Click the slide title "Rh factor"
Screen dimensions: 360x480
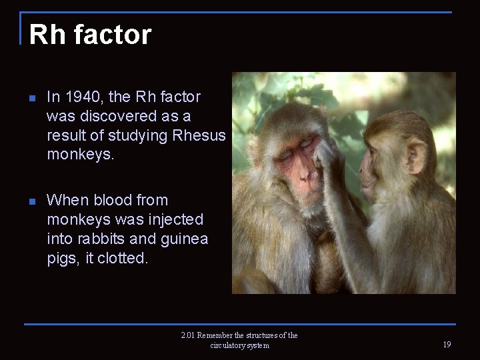pyautogui.click(x=90, y=35)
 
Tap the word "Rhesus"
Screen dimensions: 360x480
pyautogui.click(x=199, y=136)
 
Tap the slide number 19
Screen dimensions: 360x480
pyautogui.click(x=446, y=345)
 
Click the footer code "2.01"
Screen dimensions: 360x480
pyautogui.click(x=187, y=335)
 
